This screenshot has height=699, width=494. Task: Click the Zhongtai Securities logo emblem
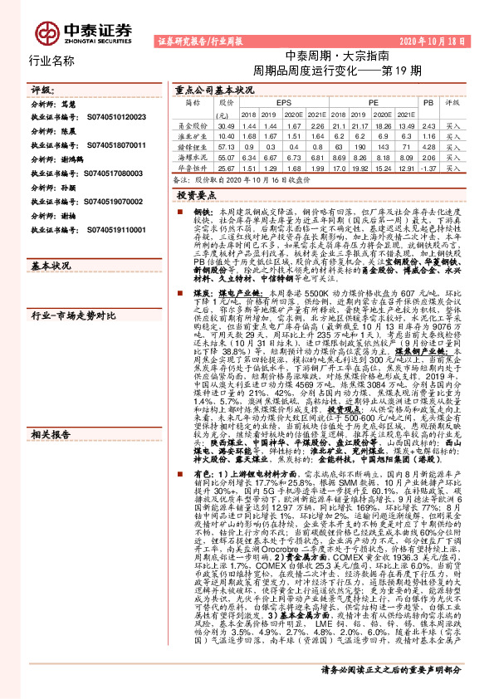click(x=46, y=30)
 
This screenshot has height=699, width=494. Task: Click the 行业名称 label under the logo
click(x=51, y=61)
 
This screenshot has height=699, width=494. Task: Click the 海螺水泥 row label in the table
click(x=192, y=155)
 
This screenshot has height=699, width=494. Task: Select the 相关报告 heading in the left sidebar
click(x=51, y=364)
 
